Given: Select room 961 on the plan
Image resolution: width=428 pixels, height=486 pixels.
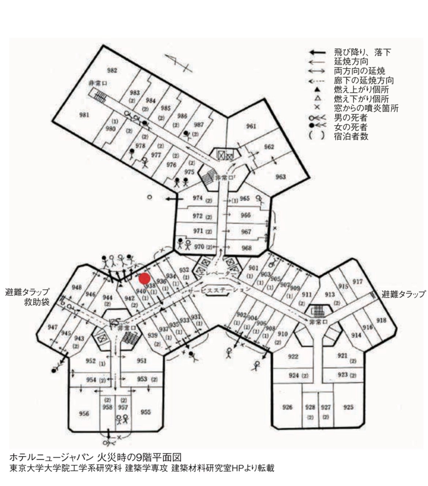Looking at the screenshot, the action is tap(251, 126).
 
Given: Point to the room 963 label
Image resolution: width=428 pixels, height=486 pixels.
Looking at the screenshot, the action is tap(281, 177).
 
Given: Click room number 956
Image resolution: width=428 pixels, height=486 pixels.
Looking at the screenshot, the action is tap(84, 413).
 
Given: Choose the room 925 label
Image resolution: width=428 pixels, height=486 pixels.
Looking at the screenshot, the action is tap(348, 407).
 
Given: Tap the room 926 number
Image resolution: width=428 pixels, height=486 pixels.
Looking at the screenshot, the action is tap(288, 407).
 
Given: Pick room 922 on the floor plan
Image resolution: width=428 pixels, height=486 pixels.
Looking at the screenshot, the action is tap(293, 357).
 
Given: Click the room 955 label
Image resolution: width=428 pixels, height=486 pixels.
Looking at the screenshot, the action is tap(146, 412).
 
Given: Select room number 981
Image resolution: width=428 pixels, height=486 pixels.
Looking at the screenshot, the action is tap(84, 115).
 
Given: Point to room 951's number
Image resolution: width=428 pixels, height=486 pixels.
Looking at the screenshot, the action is tap(142, 361).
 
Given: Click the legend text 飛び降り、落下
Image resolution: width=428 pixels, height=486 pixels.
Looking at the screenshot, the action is tap(362, 52).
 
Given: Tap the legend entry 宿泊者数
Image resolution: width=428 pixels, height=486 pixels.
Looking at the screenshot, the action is tap(351, 137).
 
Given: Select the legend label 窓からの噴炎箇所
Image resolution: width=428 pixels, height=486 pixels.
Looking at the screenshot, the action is tap(366, 109).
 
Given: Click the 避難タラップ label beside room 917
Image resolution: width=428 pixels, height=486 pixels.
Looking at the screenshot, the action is tap(403, 294).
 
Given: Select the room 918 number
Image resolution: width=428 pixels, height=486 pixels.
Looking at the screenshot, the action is tap(381, 320).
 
